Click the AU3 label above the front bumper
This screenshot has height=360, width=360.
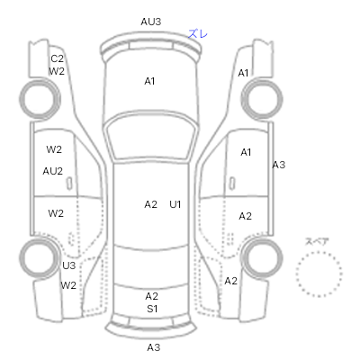(151, 22)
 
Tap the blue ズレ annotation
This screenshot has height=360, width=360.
(198, 33)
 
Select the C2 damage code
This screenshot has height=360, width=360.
(57, 58)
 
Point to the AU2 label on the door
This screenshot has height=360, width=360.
(53, 171)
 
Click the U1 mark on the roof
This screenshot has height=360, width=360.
(175, 204)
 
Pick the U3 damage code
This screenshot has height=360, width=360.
(68, 265)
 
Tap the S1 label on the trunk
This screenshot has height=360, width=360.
(152, 309)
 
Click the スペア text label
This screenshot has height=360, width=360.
(317, 242)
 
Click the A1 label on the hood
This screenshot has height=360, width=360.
(149, 81)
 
